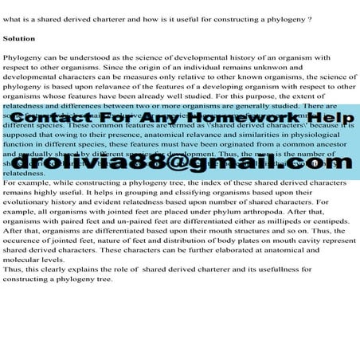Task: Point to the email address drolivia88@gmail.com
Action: (180, 162)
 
